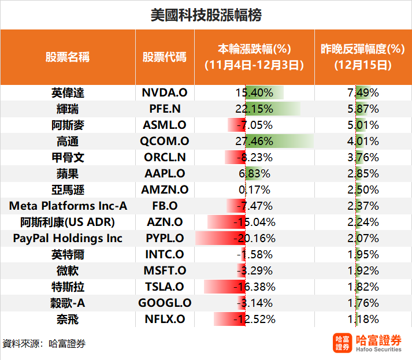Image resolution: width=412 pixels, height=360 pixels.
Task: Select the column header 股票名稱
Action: [68, 57]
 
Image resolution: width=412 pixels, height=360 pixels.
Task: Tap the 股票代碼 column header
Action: [165, 57]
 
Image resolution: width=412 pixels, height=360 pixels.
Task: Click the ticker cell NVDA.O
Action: [165, 92]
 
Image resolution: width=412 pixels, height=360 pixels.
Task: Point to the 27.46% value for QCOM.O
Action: [255, 141]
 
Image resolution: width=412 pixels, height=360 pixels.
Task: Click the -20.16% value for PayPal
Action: [255, 238]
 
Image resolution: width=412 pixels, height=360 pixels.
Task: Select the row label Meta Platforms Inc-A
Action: [68, 206]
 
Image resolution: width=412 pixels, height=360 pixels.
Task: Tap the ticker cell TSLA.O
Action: [165, 287]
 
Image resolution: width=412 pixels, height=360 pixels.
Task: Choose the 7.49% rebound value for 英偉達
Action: [363, 92]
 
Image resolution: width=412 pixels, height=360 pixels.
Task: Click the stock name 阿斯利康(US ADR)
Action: [68, 222]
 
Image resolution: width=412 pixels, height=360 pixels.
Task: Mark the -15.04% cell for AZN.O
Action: [255, 222]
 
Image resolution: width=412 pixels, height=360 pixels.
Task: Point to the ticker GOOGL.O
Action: [165, 303]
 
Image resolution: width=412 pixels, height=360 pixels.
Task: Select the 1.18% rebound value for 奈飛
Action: [363, 319]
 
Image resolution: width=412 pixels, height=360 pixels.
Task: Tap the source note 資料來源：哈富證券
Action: [44, 343]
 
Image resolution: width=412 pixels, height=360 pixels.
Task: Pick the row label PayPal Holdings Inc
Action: [68, 238]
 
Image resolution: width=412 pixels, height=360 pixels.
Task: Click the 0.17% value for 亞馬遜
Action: [255, 190]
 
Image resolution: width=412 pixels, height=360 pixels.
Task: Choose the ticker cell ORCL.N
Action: [165, 157]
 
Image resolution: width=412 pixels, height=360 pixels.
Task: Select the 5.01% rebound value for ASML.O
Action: [363, 125]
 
